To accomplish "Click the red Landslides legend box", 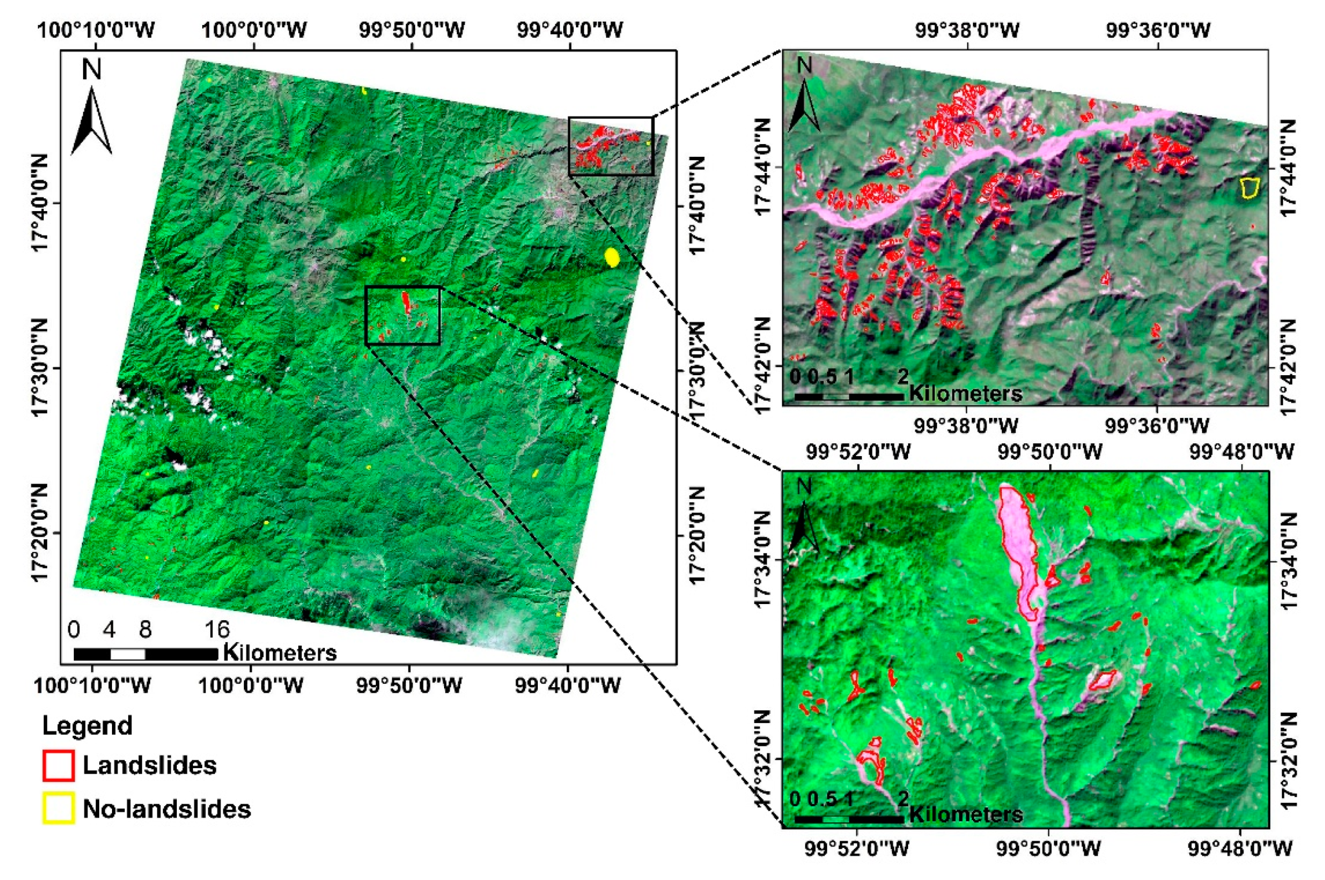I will tap(58, 765).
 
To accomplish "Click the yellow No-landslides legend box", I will tap(58, 809).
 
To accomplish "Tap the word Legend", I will tap(87, 725).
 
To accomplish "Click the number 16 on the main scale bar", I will tap(217, 630).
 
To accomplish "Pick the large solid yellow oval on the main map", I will tap(612, 258).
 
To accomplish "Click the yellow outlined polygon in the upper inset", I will tap(1249, 187).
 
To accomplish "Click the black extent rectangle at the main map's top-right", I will tap(611, 146).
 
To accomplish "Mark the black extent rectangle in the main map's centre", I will tap(402, 315).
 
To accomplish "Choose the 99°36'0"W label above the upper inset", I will tap(1158, 30).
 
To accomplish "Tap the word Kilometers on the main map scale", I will tap(280, 653).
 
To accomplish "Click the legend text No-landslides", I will tap(167, 809).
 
